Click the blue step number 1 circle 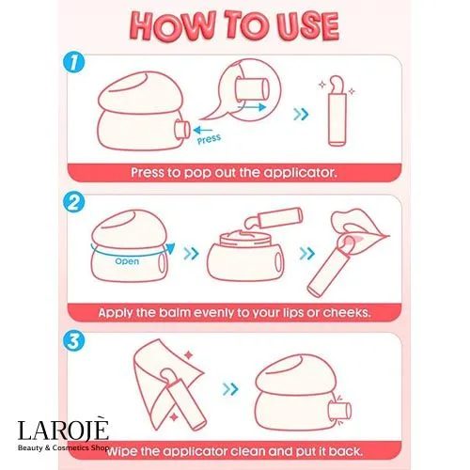coord(74,62)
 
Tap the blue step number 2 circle coord(74,203)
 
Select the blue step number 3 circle coord(74,340)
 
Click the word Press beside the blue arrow coord(209,139)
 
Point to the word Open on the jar coord(127,261)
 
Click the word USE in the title coord(307,26)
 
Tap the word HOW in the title coord(173,26)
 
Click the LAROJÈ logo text coord(63,430)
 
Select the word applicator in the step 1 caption coord(300,173)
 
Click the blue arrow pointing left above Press coord(203,130)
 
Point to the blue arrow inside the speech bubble coord(252,107)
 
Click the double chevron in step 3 coord(230,389)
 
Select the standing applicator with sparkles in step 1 coord(337,111)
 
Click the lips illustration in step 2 coord(360,226)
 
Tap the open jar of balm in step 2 coord(245,254)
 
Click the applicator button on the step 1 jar coord(182,129)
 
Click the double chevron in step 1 coord(301,114)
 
